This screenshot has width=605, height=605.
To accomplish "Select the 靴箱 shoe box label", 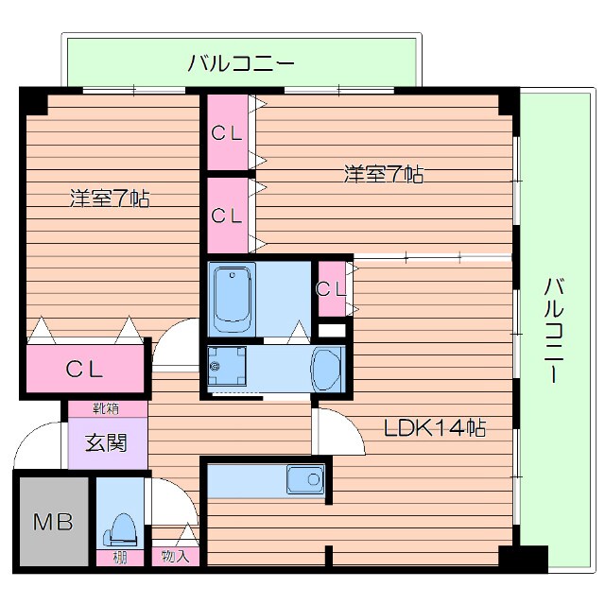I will tap(106, 409).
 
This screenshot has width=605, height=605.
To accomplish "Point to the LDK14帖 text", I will tap(434, 427).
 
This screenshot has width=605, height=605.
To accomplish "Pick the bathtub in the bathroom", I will tap(233, 298).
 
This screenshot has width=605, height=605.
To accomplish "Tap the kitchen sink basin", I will tap(307, 480).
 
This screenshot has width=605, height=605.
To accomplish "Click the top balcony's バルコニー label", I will tap(241, 64).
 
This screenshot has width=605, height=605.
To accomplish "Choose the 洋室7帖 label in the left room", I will tap(110, 199).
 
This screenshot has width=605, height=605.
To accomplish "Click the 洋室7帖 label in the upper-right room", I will tap(383, 174).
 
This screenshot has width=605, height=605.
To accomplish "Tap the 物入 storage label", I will tap(175, 556).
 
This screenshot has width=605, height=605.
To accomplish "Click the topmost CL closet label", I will tap(227, 133).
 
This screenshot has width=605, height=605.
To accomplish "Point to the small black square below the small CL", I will tap(332, 331).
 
